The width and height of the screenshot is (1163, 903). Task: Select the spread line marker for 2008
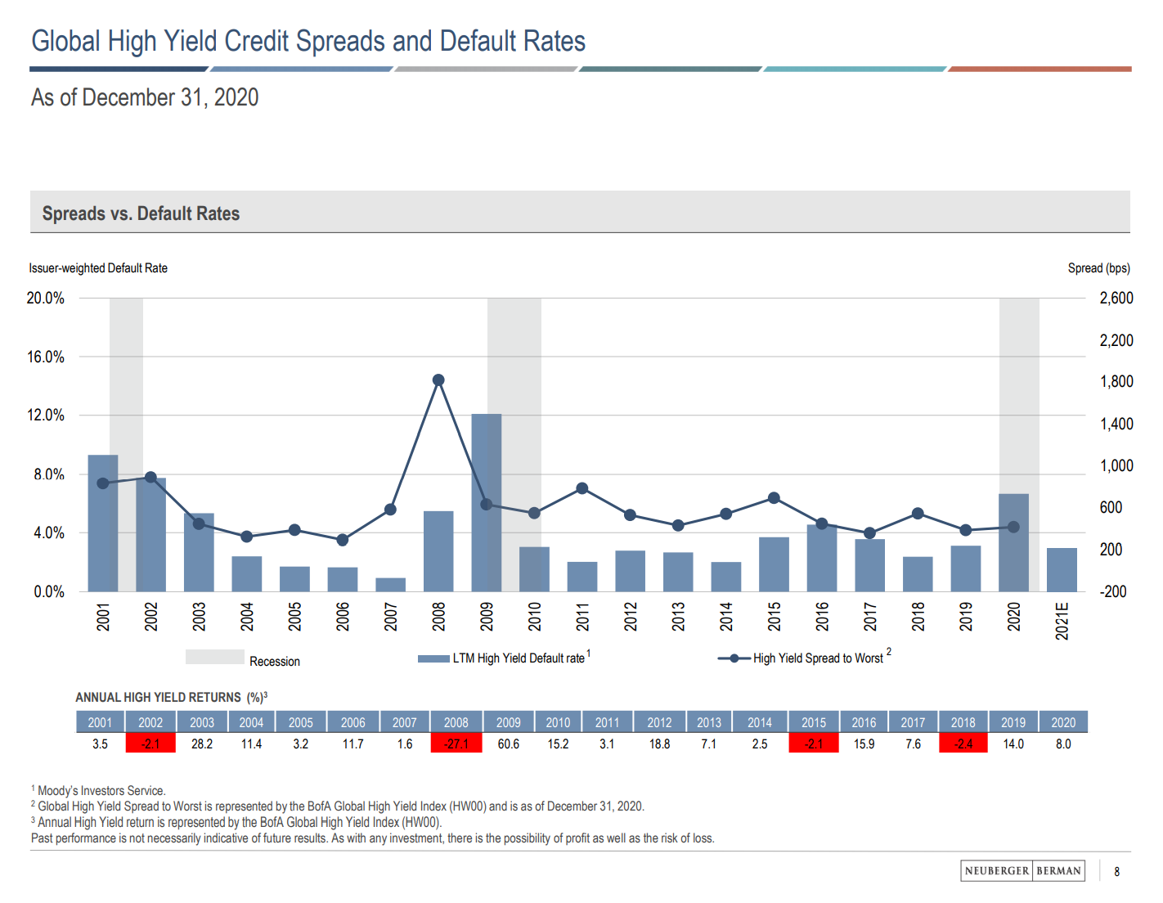click(x=438, y=380)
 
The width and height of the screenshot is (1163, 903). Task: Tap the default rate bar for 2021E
click(x=1062, y=570)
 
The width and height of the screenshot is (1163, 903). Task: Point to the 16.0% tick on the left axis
click(x=46, y=357)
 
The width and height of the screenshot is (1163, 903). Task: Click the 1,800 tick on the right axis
click(x=1116, y=382)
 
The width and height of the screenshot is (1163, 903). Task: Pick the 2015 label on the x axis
click(x=775, y=616)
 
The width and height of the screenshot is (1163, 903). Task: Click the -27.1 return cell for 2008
click(x=456, y=744)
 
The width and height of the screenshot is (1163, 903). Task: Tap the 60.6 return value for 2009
click(x=508, y=744)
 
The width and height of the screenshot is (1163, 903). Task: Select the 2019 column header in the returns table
click(x=1013, y=722)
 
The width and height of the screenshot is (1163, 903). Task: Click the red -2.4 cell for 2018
click(x=963, y=744)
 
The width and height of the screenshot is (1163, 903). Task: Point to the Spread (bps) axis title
click(x=1098, y=268)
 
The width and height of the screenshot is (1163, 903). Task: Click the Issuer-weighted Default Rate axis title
click(x=98, y=268)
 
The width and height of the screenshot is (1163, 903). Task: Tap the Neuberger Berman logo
click(x=1022, y=871)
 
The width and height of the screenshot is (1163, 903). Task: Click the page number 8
click(x=1116, y=872)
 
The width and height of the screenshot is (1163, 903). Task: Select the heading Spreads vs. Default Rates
click(x=141, y=213)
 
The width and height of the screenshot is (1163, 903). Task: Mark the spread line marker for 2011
click(x=582, y=488)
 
